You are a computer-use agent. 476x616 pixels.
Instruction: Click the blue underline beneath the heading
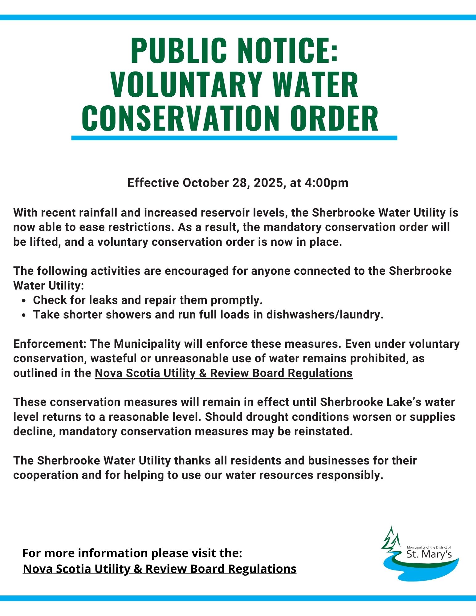point(234,138)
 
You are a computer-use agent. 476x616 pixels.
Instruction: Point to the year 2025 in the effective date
point(268,183)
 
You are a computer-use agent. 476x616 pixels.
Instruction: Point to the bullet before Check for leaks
point(24,300)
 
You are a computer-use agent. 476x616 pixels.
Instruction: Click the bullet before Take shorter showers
point(24,315)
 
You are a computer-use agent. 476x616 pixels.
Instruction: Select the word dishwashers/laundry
point(325,314)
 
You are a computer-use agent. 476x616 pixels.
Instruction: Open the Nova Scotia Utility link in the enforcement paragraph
point(223,373)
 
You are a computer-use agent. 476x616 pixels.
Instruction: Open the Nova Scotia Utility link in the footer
point(160,569)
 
